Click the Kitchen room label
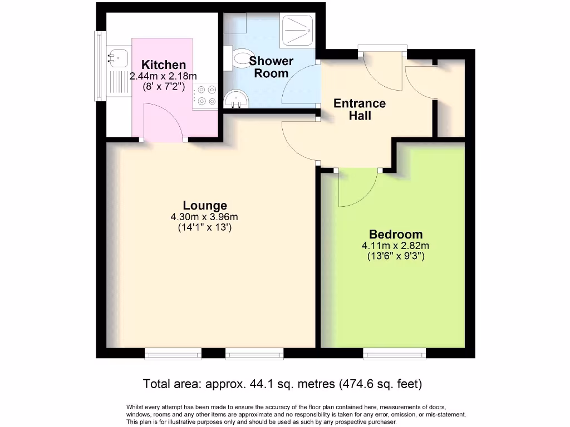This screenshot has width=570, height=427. pos(164,64)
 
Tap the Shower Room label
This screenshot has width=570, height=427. pos(271,67)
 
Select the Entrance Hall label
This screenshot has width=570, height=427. pos(360,110)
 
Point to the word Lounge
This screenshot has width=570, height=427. pos(205,205)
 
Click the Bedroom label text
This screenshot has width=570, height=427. pos(396,234)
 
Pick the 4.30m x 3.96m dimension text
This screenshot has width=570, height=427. pos(204,217)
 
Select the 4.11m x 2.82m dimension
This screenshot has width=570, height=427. pos(395,246)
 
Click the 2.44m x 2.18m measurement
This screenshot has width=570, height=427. pos(163,76)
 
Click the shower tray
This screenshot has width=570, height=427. pos(297,31)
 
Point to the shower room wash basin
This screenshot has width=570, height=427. pos(236,99)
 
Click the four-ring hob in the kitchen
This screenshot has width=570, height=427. pos(205,96)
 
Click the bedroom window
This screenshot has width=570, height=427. pos(395,354)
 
